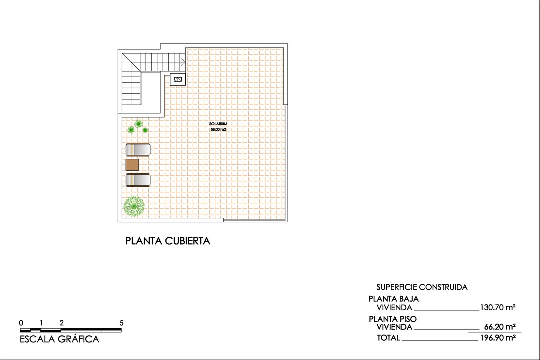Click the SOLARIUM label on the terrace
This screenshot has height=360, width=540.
tap(218, 124)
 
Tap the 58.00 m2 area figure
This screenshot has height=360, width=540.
tap(218, 130)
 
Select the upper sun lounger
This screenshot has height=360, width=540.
tap(138, 150)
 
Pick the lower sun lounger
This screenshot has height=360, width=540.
tap(138, 180)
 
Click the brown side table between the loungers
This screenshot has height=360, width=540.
tap(132, 165)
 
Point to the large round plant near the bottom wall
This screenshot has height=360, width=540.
tap(134, 206)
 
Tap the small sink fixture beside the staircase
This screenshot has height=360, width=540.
tap(177, 79)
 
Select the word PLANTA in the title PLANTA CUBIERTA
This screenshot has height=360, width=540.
tap(144, 241)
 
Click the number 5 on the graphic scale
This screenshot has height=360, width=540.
tap(121, 323)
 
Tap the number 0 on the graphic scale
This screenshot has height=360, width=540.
tap(21, 323)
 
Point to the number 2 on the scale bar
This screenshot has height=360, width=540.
tap(61, 323)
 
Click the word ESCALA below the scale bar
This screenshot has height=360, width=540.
tap(37, 339)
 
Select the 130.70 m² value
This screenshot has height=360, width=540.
tap(498, 307)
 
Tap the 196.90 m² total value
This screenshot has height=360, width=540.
tap(498, 338)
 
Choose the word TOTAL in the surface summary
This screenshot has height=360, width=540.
tap(389, 338)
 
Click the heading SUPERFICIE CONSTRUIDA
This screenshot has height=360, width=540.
tap(422, 287)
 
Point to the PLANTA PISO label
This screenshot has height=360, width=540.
tap(393, 319)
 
